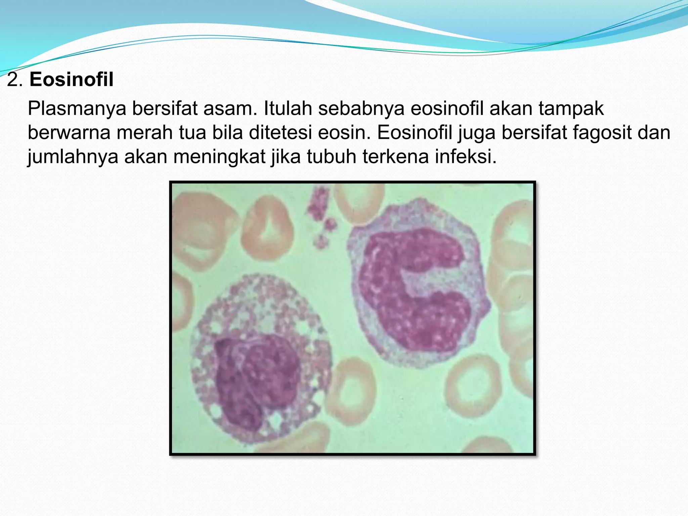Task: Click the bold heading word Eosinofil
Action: point(71,80)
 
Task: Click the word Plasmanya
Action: point(77,109)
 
